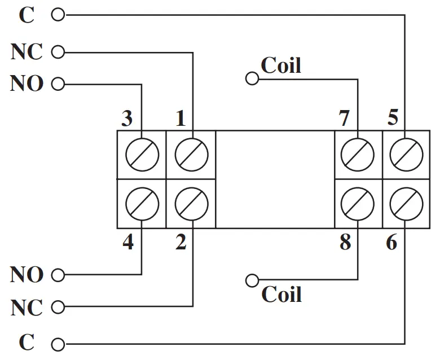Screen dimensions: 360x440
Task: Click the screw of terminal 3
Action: (141, 154)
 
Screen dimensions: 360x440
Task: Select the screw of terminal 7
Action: (359, 154)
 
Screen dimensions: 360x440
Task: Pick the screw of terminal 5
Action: (406, 154)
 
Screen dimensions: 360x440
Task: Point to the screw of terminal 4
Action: (141, 204)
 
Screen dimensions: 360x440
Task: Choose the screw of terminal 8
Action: (359, 204)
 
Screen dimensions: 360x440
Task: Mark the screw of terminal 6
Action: (406, 204)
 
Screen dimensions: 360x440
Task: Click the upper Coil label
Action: (281, 65)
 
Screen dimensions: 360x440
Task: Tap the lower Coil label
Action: (281, 294)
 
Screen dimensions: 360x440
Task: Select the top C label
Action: (27, 15)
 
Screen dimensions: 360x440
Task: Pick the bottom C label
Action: (27, 343)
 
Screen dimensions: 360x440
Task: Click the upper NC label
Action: (27, 52)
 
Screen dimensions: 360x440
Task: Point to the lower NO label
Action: (27, 275)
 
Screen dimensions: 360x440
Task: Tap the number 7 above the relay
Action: (344, 119)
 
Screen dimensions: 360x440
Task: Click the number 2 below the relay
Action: (181, 242)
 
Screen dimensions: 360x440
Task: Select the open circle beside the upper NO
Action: (58, 85)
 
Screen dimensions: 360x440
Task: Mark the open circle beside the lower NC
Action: (58, 308)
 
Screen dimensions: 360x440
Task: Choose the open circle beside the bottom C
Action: (58, 344)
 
